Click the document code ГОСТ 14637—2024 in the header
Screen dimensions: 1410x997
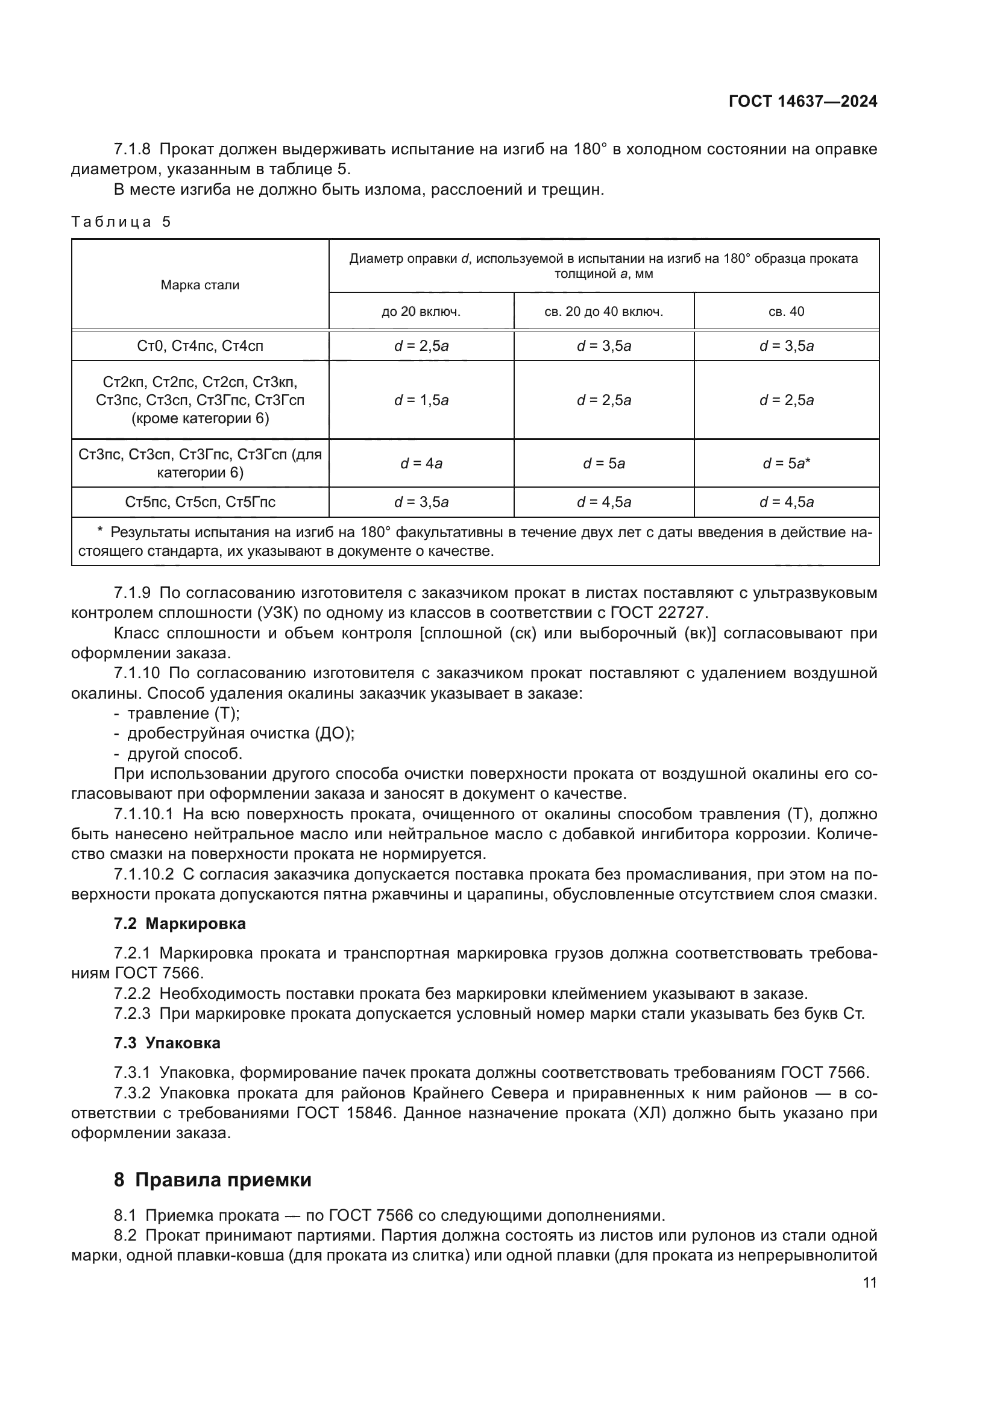click(x=802, y=101)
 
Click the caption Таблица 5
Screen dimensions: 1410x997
click(x=121, y=222)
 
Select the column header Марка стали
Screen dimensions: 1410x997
click(x=200, y=285)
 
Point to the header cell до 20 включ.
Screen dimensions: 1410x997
click(x=421, y=311)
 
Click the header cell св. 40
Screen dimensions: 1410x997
click(x=786, y=311)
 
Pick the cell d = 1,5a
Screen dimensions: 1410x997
click(x=421, y=400)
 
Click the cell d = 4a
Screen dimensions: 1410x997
click(x=421, y=464)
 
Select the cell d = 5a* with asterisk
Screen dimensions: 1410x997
click(x=787, y=464)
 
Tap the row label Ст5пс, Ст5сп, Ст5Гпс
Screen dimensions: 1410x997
click(x=200, y=502)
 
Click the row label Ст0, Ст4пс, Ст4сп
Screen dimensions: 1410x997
click(x=200, y=346)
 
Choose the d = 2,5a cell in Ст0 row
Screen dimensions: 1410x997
click(x=421, y=346)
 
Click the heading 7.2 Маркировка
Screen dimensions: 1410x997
click(x=179, y=924)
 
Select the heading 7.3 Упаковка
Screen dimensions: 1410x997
click(x=167, y=1043)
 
